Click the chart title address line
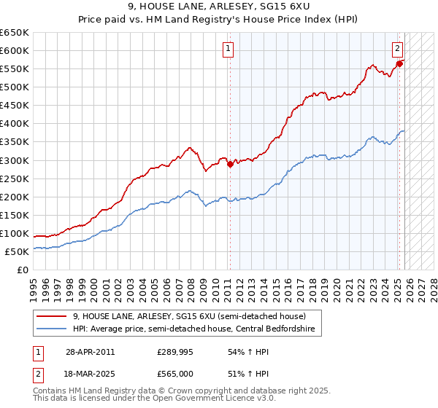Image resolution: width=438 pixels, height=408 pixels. [x=219, y=7]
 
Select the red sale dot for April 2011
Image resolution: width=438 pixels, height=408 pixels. [x=230, y=164]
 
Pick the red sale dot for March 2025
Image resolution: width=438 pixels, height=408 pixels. [x=400, y=63]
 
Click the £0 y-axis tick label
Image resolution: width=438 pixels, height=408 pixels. [x=23, y=270]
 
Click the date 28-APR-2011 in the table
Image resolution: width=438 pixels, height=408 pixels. [x=90, y=352]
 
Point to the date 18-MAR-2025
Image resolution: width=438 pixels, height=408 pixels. [x=90, y=374]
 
